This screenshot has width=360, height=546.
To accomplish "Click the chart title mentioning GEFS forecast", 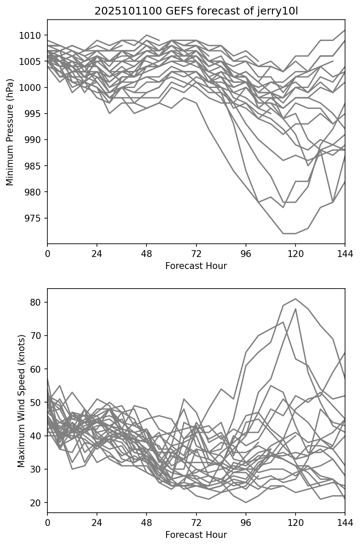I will tap(196, 11).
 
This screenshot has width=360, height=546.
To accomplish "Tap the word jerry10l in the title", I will tap(278, 11).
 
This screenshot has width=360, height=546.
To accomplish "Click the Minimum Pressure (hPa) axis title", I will tap(10, 132).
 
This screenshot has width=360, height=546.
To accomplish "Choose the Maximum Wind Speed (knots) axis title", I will tap(21, 400).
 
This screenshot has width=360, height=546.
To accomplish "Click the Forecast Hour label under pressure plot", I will tap(196, 266).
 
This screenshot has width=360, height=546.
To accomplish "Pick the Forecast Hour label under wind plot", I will tap(196, 535).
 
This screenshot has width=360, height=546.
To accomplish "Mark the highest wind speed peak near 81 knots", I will tap(296, 299).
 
